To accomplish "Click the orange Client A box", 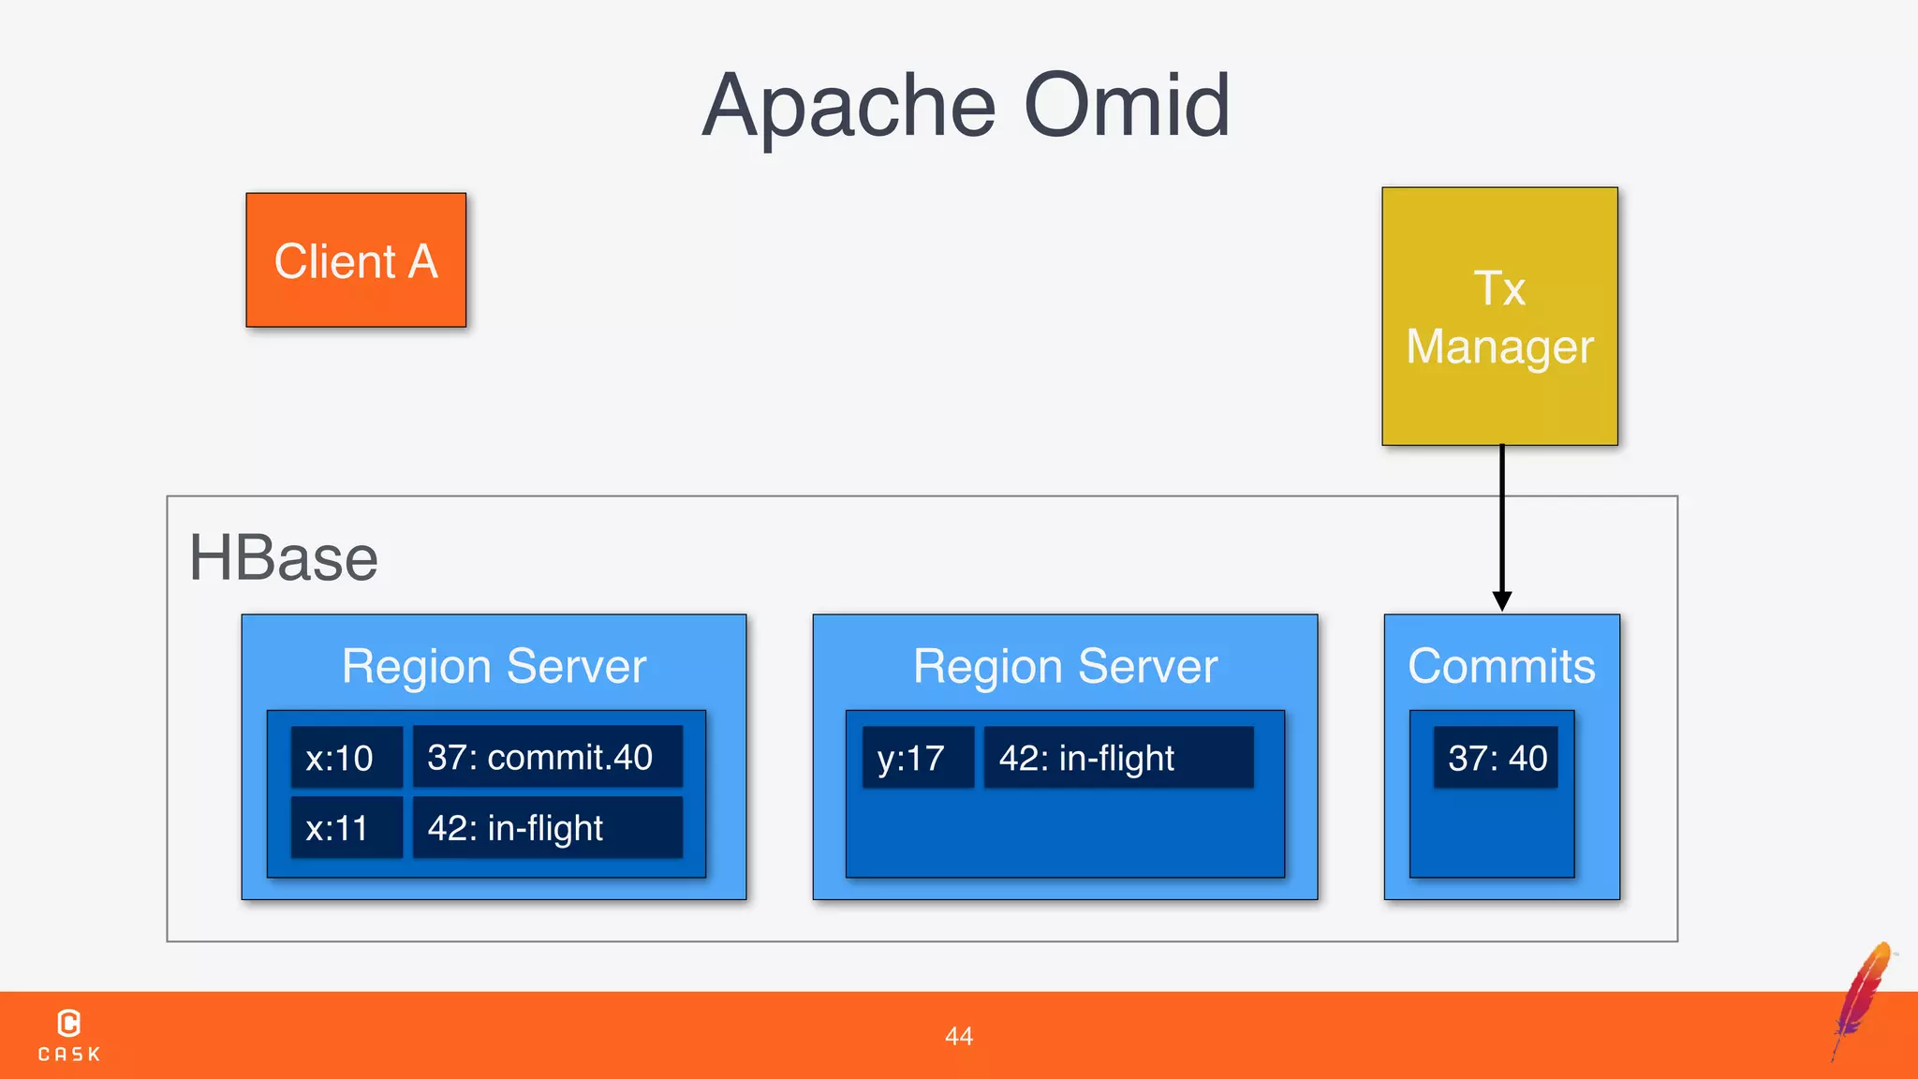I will coord(356,260).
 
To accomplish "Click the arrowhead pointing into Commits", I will coord(1502,600).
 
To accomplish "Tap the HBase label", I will coord(284,558).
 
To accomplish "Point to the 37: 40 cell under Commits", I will coord(1496,757).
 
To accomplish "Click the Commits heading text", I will coord(1501,667).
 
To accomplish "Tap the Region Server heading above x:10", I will coord(494,667).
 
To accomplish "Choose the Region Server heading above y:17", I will coord(1065,667).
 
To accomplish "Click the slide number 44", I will coord(959,1036).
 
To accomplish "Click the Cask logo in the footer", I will coord(69,1035).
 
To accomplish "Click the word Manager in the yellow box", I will coord(1499,347).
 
